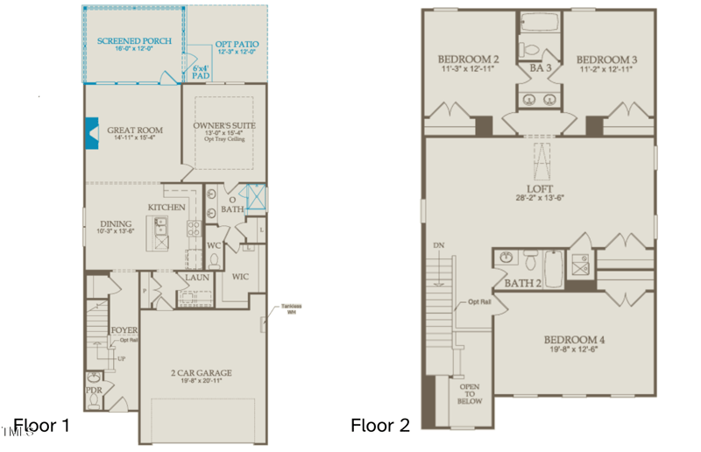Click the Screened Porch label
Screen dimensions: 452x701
click(134, 41)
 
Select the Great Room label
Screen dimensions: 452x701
click(135, 131)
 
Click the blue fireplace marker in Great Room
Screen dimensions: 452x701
click(91, 133)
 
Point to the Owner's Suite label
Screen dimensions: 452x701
click(224, 125)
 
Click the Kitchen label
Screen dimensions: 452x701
click(166, 207)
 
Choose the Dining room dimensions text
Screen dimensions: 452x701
click(117, 232)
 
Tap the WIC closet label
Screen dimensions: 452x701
click(242, 276)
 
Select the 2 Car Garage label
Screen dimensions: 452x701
click(201, 372)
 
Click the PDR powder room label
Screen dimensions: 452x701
click(94, 389)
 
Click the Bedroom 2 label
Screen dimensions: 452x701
click(468, 59)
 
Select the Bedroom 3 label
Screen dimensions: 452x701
click(606, 59)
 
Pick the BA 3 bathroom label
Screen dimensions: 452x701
click(537, 66)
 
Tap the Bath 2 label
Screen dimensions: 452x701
click(524, 283)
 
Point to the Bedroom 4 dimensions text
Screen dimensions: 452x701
click(574, 350)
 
